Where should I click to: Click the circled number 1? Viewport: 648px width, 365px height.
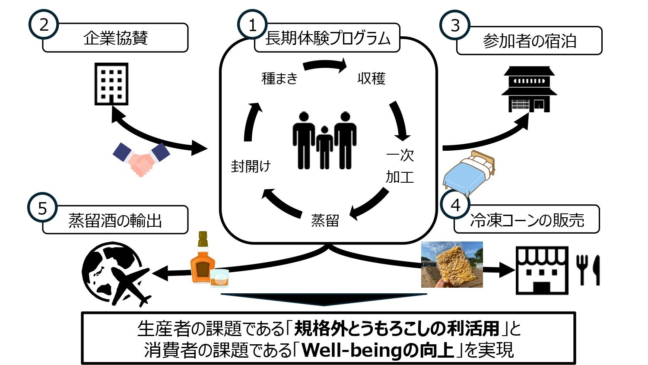pyautogui.click(x=252, y=25)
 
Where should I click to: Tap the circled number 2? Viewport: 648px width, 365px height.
pyautogui.click(x=44, y=25)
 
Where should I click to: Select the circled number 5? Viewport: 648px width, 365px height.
pyautogui.click(x=42, y=208)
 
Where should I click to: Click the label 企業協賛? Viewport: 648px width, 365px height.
pyautogui.click(x=115, y=38)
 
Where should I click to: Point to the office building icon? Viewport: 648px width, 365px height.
pyautogui.click(x=111, y=84)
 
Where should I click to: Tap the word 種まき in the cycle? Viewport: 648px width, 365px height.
pyautogui.click(x=280, y=78)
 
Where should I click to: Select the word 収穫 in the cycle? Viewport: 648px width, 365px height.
pyautogui.click(x=371, y=78)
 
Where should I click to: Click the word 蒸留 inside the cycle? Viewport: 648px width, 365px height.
pyautogui.click(x=325, y=220)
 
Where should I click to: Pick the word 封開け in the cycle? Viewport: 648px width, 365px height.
pyautogui.click(x=251, y=166)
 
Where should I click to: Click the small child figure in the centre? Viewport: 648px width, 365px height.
pyautogui.click(x=324, y=147)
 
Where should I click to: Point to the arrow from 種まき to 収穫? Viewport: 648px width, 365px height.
pyautogui.click(x=325, y=66)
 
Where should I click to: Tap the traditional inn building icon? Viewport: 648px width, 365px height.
pyautogui.click(x=529, y=89)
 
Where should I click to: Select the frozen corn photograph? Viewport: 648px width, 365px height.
pyautogui.click(x=452, y=264)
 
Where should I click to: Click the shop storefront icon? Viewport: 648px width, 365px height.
pyautogui.click(x=542, y=270)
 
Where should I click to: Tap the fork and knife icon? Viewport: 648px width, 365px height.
pyautogui.click(x=588, y=270)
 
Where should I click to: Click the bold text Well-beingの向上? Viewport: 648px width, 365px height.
pyautogui.click(x=378, y=350)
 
